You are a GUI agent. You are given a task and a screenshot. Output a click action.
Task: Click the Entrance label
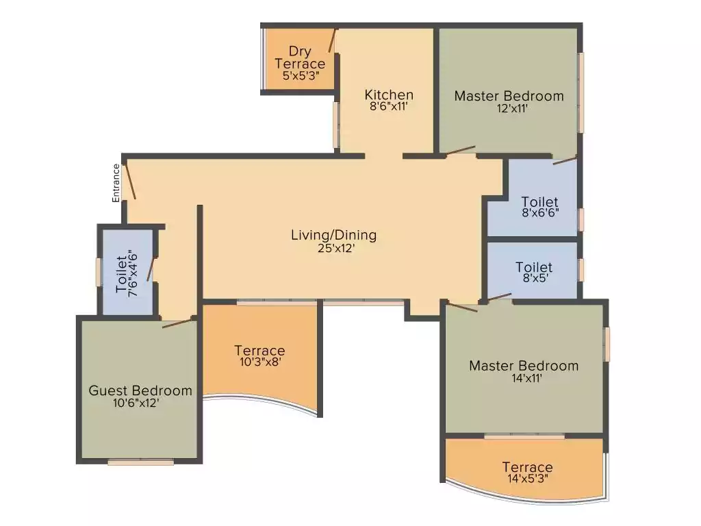(116, 182)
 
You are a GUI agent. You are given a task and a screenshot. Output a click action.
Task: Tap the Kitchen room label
(388, 95)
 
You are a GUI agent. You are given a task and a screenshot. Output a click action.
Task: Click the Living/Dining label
(333, 235)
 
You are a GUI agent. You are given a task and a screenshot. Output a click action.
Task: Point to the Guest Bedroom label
(140, 390)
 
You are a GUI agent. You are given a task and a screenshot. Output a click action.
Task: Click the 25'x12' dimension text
(333, 249)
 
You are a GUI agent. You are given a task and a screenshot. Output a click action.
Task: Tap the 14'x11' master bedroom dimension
(524, 377)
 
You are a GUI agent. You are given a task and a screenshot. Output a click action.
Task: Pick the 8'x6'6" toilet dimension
(539, 212)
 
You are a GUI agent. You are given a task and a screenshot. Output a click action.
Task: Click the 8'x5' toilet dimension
(534, 278)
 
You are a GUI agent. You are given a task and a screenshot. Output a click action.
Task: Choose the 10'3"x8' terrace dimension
(259, 362)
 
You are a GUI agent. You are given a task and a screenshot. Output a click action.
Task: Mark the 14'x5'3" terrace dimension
(527, 479)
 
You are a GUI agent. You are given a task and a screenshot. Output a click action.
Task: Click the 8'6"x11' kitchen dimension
(388, 107)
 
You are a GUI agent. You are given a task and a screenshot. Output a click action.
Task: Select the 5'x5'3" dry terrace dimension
(300, 77)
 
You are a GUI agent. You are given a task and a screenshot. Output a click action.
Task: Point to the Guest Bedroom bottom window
(141, 462)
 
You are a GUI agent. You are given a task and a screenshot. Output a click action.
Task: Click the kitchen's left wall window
(336, 125)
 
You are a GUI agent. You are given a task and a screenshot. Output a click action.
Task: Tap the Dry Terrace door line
(332, 40)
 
